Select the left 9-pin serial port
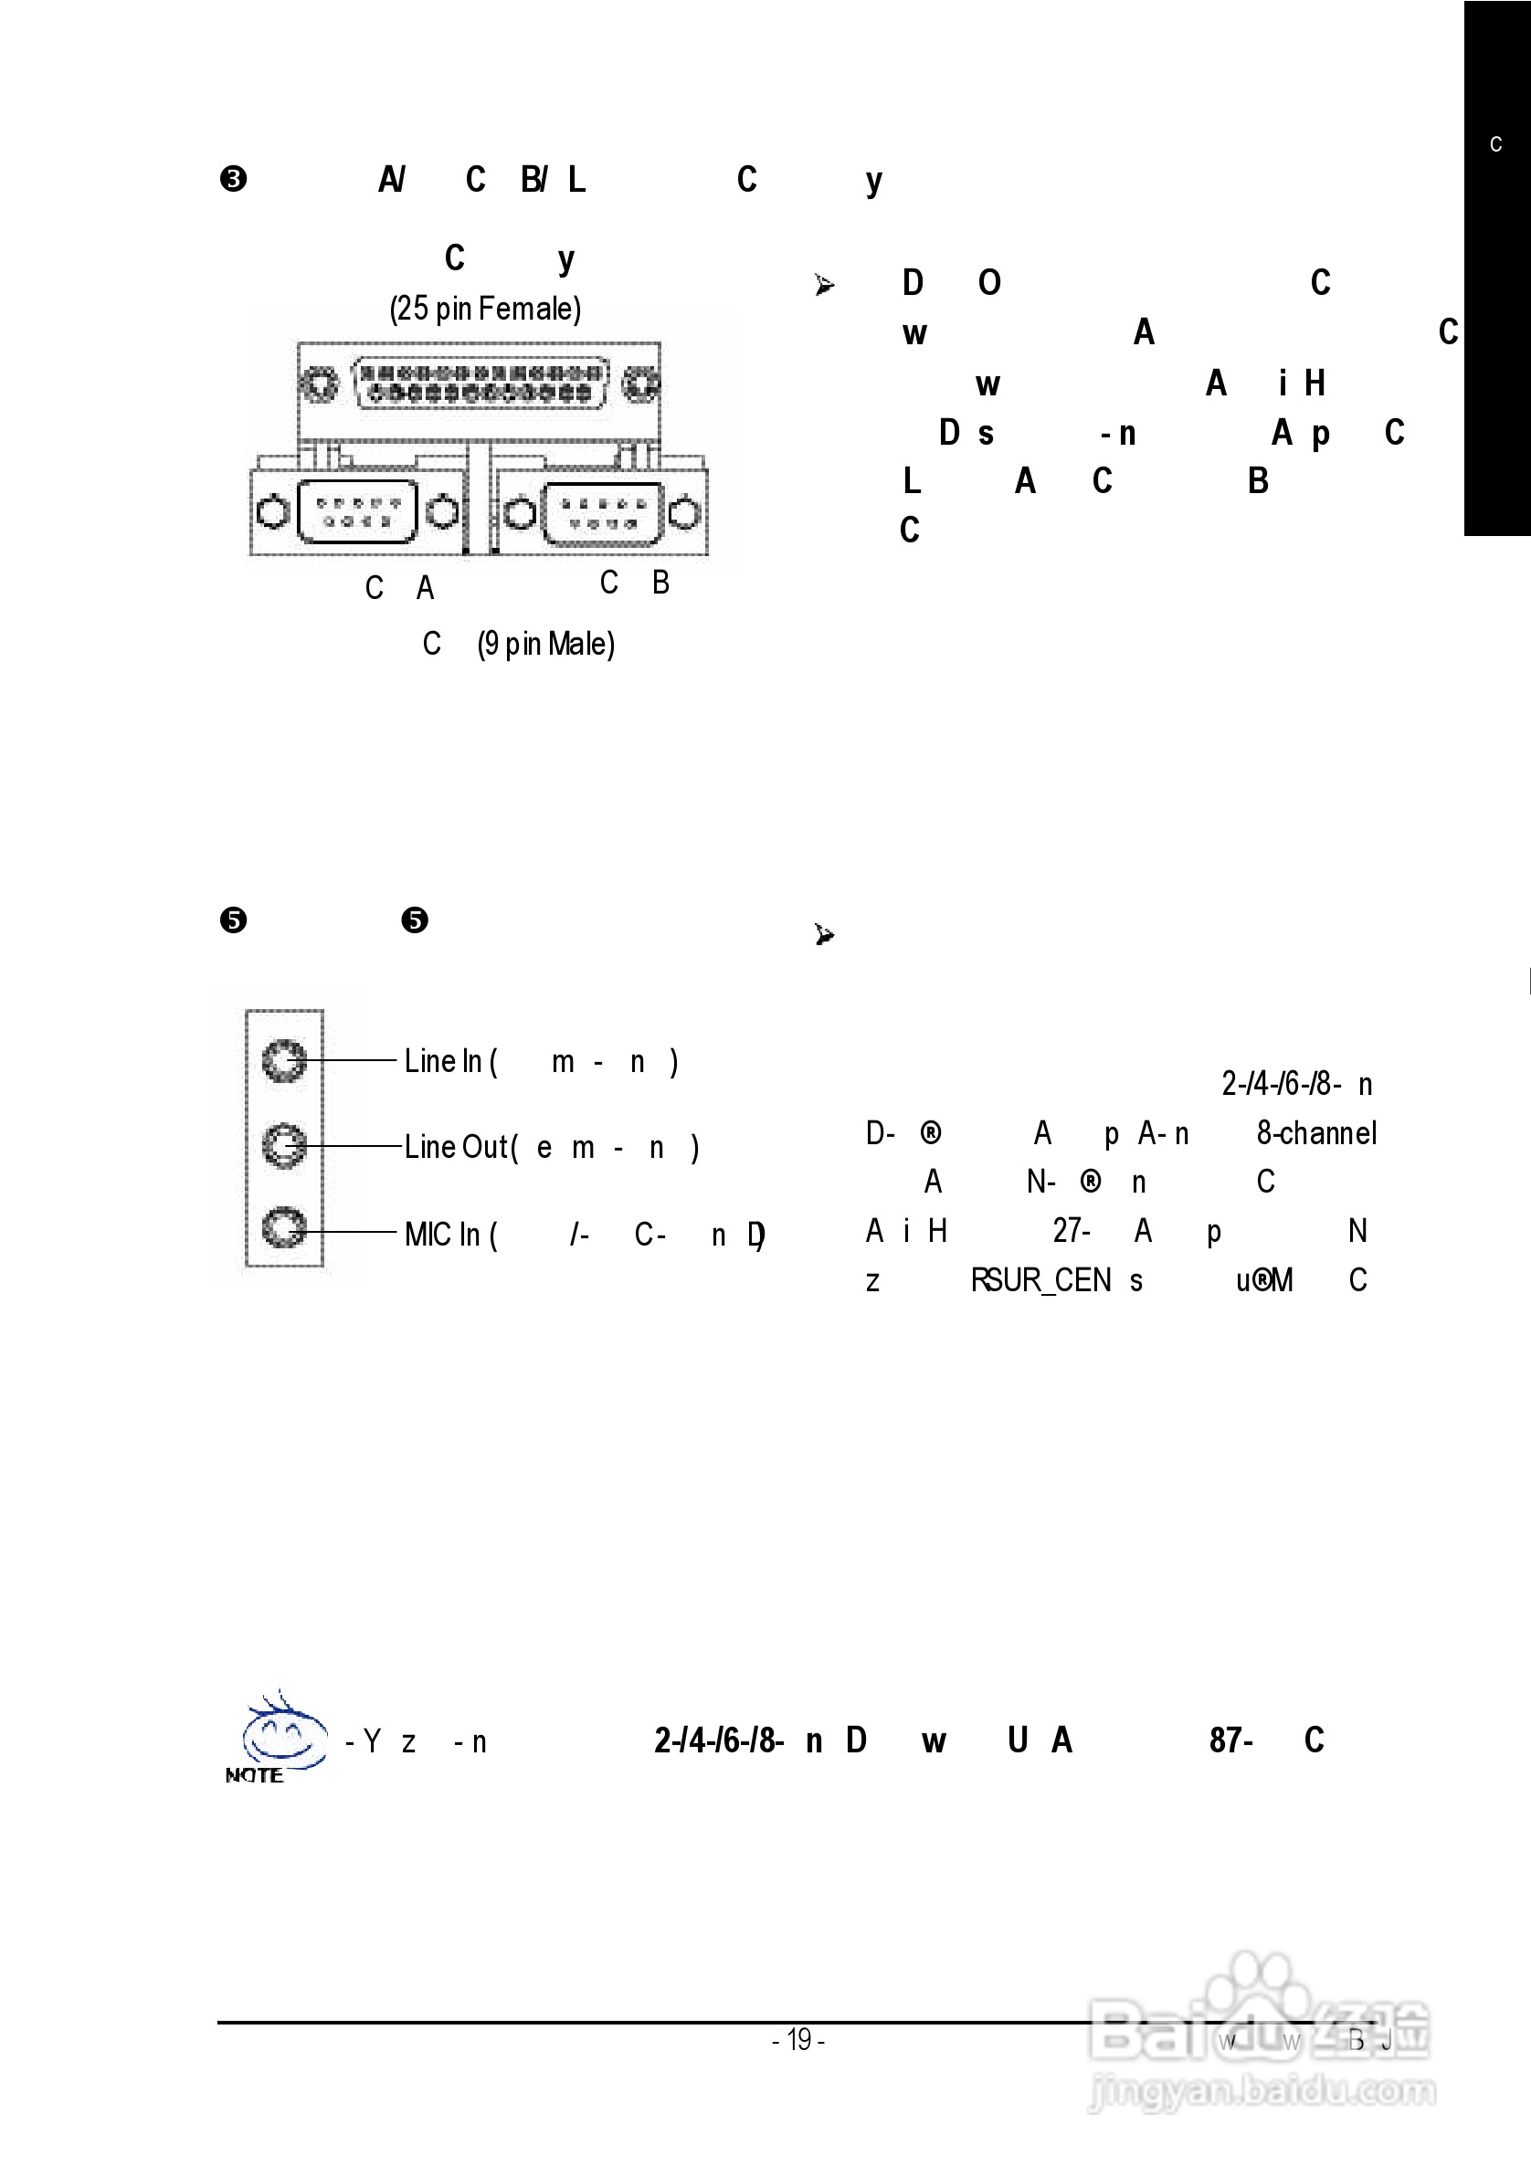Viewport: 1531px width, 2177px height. (x=356, y=512)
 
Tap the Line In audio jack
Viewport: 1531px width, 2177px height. (x=283, y=1060)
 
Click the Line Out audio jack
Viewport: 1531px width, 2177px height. (x=283, y=1145)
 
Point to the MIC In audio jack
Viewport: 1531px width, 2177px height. (x=283, y=1229)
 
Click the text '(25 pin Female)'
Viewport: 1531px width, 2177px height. (x=485, y=308)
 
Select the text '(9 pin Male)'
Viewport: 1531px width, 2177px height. (x=545, y=645)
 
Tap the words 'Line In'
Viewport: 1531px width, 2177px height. (x=443, y=1061)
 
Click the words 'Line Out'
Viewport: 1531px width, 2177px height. (x=456, y=1147)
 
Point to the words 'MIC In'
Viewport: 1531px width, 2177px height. (x=442, y=1235)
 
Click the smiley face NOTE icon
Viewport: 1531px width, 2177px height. (x=280, y=1737)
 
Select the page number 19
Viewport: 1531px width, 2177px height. (x=798, y=2039)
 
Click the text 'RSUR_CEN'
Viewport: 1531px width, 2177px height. (x=1040, y=1281)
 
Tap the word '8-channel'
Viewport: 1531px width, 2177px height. (x=1316, y=1133)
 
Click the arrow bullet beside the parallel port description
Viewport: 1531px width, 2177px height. (x=824, y=284)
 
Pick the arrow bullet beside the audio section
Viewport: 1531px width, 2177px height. (x=824, y=935)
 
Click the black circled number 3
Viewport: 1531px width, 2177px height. (x=233, y=179)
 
